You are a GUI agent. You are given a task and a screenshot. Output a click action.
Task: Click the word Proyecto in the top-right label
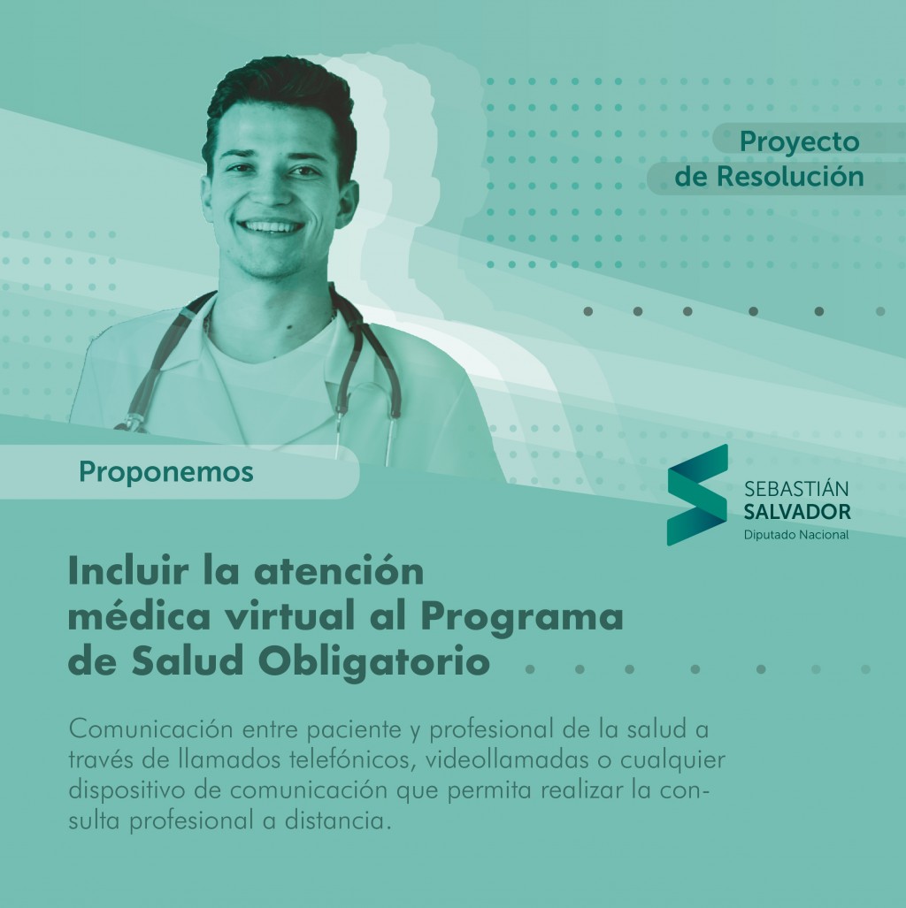pyautogui.click(x=799, y=142)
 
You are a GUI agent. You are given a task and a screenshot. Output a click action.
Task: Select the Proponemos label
pyautogui.click(x=166, y=472)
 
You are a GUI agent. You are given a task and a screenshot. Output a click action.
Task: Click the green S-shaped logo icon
pyautogui.click(x=697, y=494)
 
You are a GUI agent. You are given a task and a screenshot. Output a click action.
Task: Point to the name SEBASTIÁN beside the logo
pyautogui.click(x=796, y=489)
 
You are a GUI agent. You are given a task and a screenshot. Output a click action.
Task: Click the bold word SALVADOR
pyautogui.click(x=797, y=512)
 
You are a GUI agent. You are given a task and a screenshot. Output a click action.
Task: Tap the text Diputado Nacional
pyautogui.click(x=796, y=535)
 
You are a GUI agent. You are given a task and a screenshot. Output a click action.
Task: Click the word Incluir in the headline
pyautogui.click(x=128, y=571)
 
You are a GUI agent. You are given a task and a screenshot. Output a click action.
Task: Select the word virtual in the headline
pyautogui.click(x=288, y=617)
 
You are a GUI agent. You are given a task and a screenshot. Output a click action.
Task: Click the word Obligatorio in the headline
pyautogui.click(x=374, y=663)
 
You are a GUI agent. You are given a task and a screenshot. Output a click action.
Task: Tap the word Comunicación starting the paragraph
pyautogui.click(x=150, y=729)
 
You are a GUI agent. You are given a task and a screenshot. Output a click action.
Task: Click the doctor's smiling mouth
pyautogui.click(x=270, y=226)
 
